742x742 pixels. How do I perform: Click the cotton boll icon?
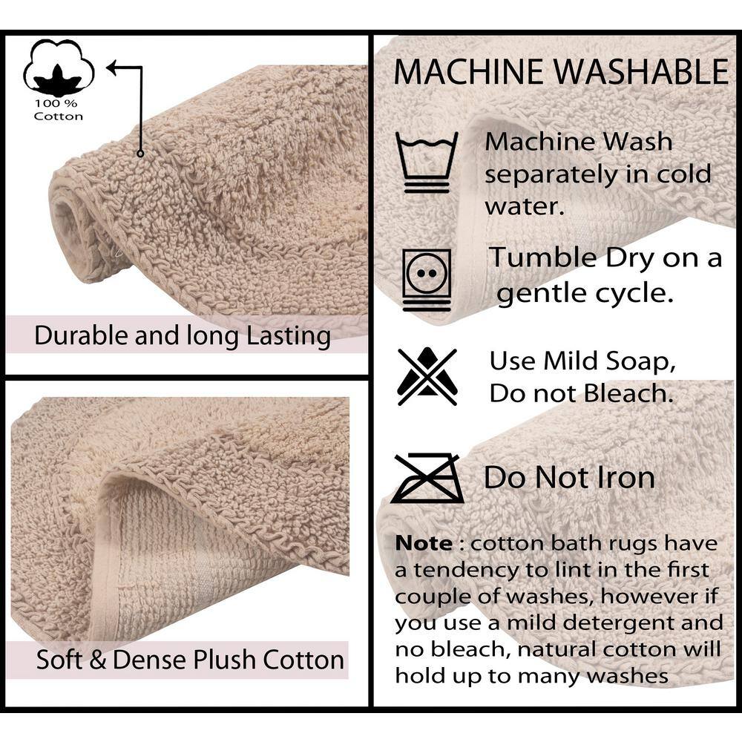coord(59,68)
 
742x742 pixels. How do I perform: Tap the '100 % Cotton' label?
coord(58,110)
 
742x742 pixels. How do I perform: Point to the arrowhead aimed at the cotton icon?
coord(113,68)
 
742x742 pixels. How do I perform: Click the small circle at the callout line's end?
coord(140,154)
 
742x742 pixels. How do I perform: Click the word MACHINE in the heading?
coord(468,72)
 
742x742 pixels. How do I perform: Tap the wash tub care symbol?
coord(427,162)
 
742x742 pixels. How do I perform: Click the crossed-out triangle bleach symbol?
coord(427,377)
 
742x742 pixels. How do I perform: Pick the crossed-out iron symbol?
coord(427,477)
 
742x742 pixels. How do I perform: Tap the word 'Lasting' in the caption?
coord(289,336)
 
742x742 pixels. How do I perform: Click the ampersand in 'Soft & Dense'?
coord(97,660)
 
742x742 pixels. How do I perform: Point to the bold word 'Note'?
coord(424,543)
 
